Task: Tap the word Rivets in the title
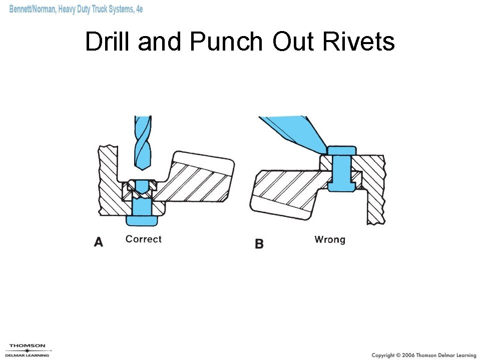pos(358,41)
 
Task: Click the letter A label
pos(99,242)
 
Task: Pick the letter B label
pos(259,244)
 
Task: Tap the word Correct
pos(144,239)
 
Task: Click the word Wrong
pos(330,239)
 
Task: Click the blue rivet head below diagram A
pos(142,219)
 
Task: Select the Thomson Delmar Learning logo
pos(27,350)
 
